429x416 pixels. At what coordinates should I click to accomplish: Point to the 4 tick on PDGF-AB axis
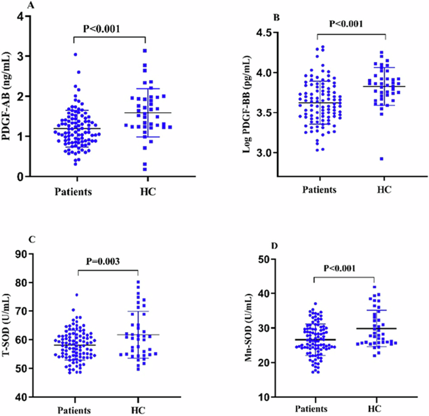click(x=21, y=16)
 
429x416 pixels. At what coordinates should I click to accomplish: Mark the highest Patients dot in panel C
click(x=77, y=294)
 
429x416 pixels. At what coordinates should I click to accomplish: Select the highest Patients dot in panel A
click(x=75, y=55)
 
